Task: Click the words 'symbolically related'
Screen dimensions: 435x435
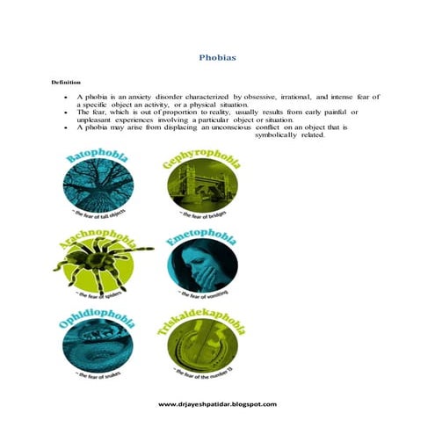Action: click(x=289, y=135)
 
